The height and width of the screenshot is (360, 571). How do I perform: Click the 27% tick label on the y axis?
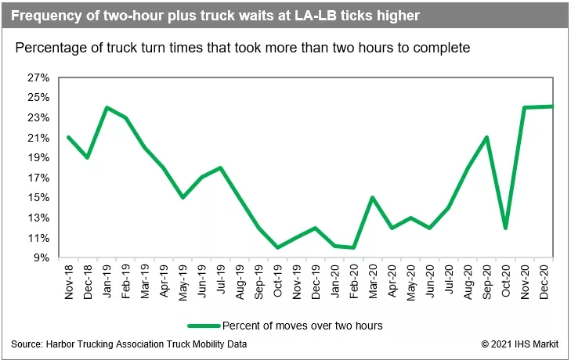pyautogui.click(x=38, y=78)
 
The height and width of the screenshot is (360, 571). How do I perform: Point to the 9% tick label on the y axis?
pyautogui.click(x=42, y=257)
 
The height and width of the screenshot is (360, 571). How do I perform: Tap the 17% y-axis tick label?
pyautogui.click(x=38, y=178)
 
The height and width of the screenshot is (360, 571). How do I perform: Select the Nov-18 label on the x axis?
pyautogui.click(x=69, y=279)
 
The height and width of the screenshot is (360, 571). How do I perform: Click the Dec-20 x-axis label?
pyautogui.click(x=544, y=279)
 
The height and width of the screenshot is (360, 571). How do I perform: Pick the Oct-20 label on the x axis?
pyautogui.click(x=506, y=279)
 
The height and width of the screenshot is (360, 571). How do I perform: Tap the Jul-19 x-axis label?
pyautogui.click(x=222, y=279)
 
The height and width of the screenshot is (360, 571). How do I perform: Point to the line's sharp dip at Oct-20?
pyautogui.click(x=506, y=228)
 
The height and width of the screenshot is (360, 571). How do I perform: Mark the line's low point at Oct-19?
pyautogui.click(x=278, y=247)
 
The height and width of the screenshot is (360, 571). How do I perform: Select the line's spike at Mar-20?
pyautogui.click(x=373, y=197)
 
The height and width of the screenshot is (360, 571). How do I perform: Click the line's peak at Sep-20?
pyautogui.click(x=487, y=138)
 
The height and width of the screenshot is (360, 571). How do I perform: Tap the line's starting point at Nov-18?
pyautogui.click(x=69, y=138)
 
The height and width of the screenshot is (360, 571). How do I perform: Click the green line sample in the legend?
pyautogui.click(x=204, y=326)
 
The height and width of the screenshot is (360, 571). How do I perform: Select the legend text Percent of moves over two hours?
pyautogui.click(x=302, y=326)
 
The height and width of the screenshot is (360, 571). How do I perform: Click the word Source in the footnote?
pyautogui.click(x=27, y=345)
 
